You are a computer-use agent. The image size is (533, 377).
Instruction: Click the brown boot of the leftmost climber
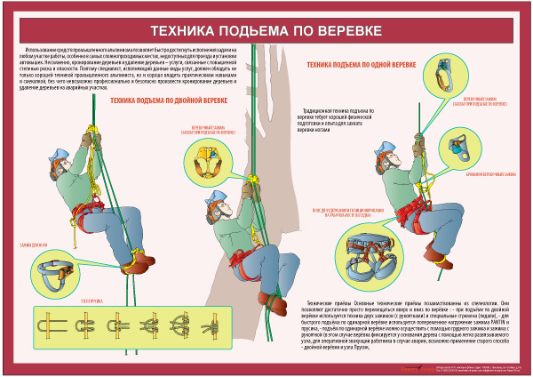point(142,259)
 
